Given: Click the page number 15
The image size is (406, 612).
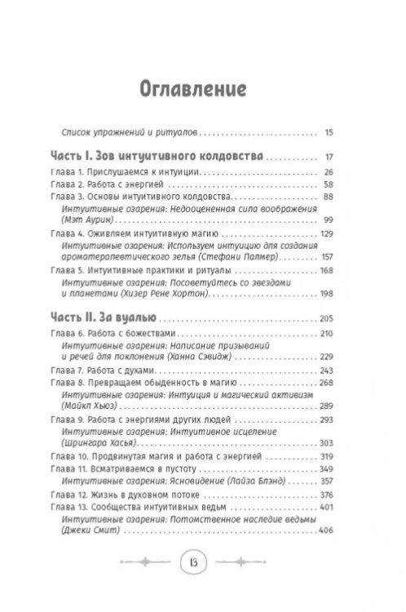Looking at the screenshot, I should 329,130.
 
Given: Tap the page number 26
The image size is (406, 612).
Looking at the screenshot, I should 329,172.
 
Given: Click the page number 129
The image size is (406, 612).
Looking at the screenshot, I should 327,233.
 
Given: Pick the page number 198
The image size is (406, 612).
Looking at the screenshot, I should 327,293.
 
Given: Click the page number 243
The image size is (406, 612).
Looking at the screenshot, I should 327,370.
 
